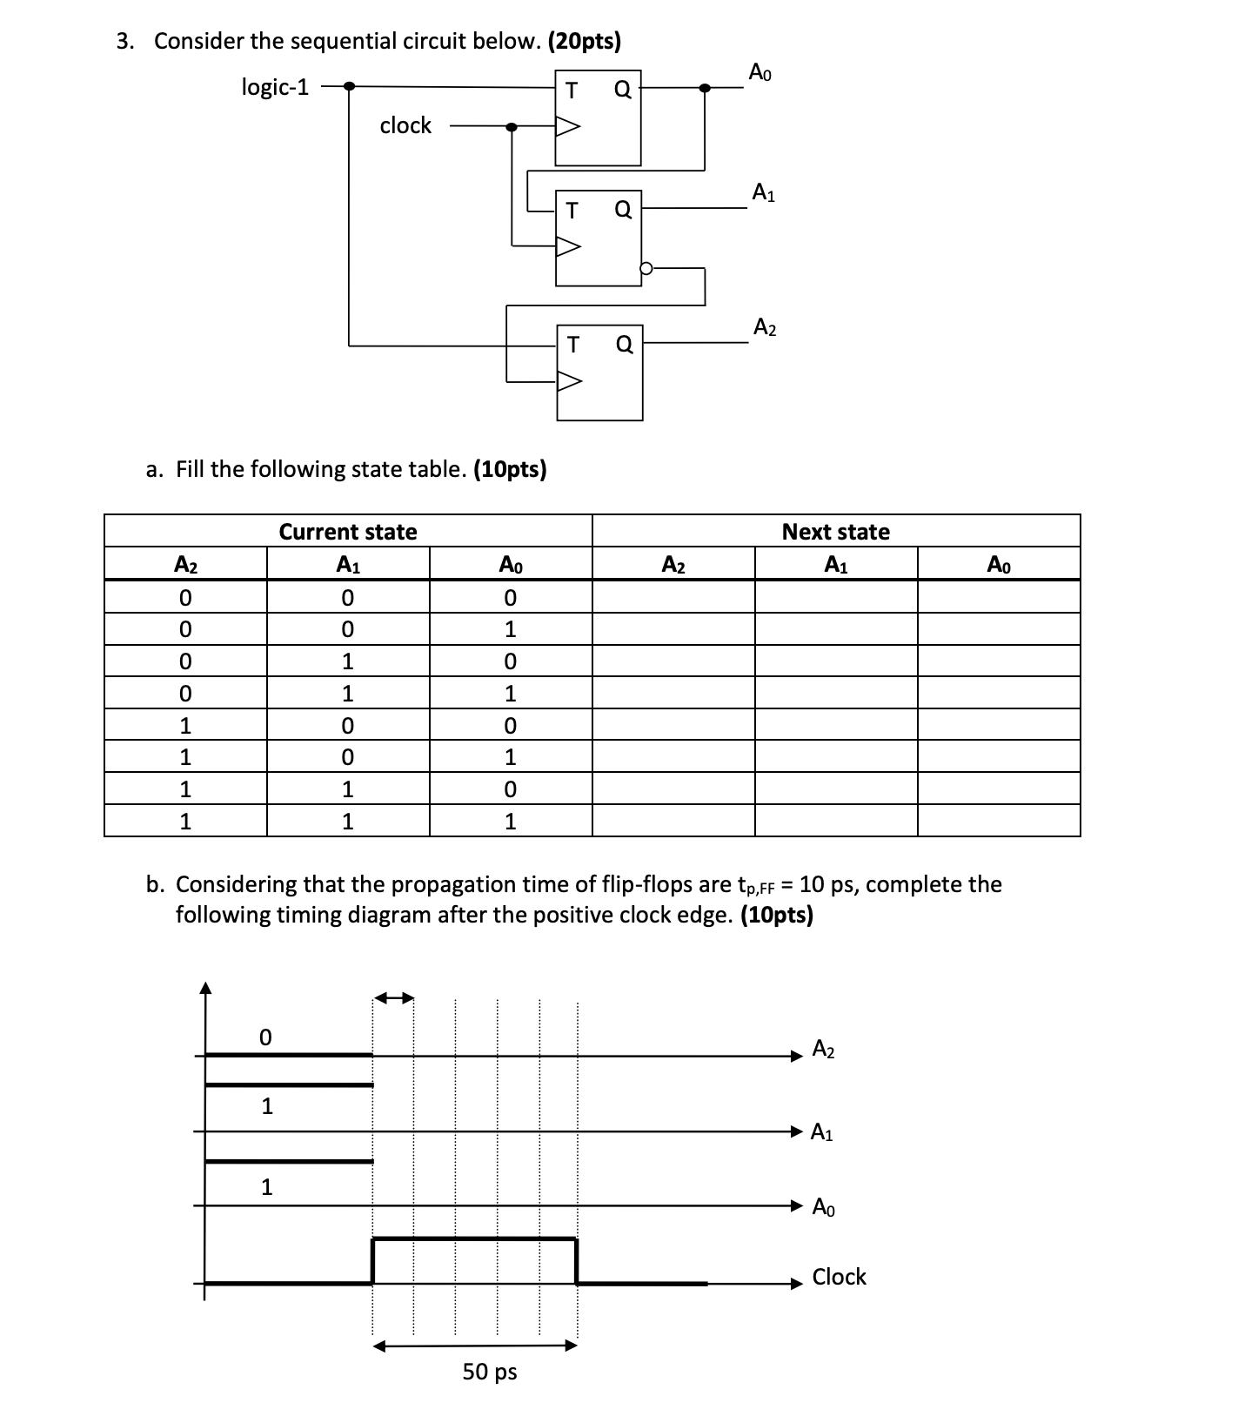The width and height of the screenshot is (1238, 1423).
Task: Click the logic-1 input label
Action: click(x=275, y=87)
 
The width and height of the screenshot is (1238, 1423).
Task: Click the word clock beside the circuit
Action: click(x=405, y=126)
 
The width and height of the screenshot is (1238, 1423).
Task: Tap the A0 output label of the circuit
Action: click(x=760, y=73)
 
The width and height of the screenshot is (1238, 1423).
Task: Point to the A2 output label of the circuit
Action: click(x=765, y=328)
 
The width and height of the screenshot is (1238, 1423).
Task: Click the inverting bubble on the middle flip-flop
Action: click(x=646, y=269)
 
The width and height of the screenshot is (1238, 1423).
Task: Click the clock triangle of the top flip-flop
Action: click(x=567, y=127)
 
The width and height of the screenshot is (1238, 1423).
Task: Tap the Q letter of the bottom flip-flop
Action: click(x=624, y=346)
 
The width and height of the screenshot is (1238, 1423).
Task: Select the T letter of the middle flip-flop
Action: click(x=571, y=210)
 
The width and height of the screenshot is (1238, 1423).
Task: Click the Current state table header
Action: click(x=348, y=532)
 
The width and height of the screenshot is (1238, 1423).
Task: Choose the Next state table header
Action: click(x=836, y=532)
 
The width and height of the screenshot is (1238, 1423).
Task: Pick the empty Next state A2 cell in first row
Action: click(x=673, y=598)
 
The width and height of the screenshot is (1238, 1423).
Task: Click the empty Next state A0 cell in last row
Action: click(x=998, y=821)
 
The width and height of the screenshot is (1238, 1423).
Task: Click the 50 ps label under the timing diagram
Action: click(x=489, y=1372)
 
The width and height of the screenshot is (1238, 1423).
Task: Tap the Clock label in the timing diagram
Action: click(x=839, y=1277)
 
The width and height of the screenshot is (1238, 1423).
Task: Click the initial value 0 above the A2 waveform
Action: click(x=265, y=1037)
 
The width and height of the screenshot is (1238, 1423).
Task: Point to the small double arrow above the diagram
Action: click(x=394, y=997)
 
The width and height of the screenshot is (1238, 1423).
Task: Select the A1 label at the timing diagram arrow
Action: click(x=821, y=1132)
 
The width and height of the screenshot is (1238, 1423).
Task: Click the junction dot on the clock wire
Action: click(x=512, y=127)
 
